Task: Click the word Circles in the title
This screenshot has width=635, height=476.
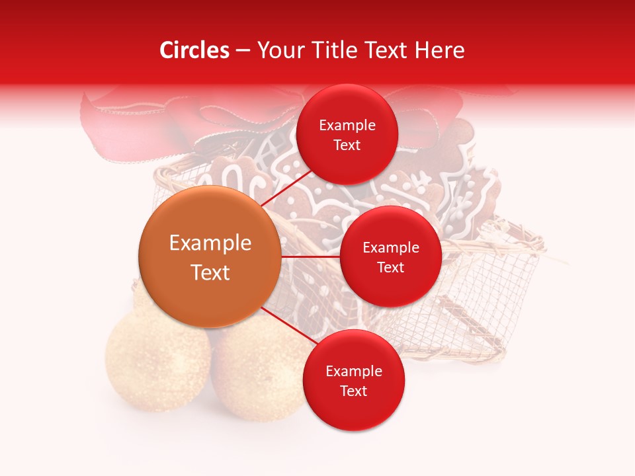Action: (194, 50)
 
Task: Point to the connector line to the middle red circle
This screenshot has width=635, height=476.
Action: (311, 257)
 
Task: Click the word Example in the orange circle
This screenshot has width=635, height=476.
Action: (210, 243)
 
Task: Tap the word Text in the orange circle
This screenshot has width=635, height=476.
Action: (210, 272)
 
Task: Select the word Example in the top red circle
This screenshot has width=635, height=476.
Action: (347, 126)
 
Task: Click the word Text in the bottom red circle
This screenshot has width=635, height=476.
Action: (353, 391)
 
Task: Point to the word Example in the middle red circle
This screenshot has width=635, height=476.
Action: (391, 248)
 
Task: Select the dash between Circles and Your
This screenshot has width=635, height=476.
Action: (243, 50)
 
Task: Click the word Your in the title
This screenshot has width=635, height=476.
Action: (280, 50)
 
